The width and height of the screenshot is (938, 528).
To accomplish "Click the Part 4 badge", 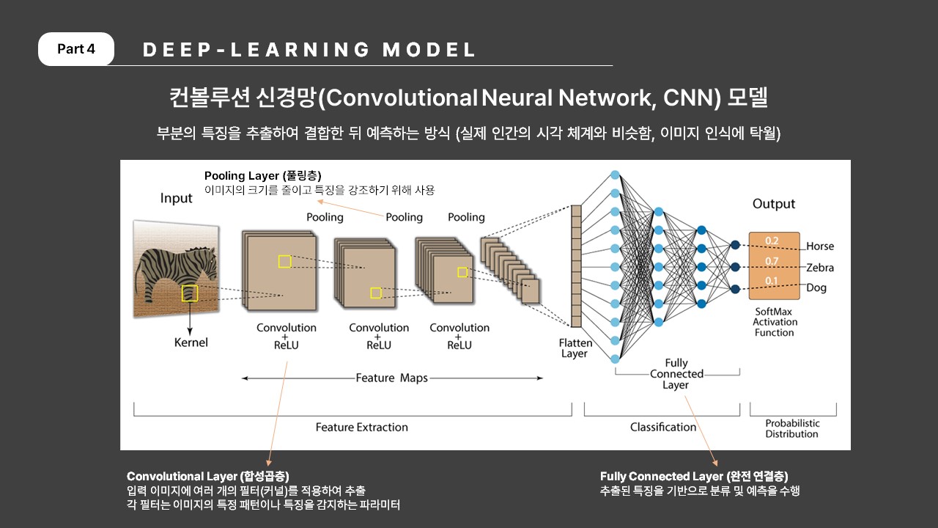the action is tap(75, 49).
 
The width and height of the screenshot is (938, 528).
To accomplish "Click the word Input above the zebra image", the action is tap(177, 198).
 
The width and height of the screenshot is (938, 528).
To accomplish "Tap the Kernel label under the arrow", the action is tap(191, 342).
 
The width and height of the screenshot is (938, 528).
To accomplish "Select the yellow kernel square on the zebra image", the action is tap(190, 293).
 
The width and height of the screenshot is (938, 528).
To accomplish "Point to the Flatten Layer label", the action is tap(575, 348).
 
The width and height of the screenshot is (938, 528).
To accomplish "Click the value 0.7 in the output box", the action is tap(772, 262).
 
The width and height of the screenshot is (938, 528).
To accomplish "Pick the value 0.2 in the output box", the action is tap(772, 241).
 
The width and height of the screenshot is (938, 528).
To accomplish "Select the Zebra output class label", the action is tap(820, 268).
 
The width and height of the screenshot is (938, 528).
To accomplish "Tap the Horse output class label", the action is tap(820, 246).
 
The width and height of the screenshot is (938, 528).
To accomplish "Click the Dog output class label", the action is tap(816, 288).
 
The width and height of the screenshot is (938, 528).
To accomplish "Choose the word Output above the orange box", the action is tap(773, 204).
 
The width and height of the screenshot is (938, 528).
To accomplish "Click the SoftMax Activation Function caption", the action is tap(775, 322).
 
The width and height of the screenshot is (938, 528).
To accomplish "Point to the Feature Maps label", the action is tap(391, 378).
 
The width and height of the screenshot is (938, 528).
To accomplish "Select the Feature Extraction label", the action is tap(362, 428).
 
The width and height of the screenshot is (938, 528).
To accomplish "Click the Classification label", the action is tap(663, 427).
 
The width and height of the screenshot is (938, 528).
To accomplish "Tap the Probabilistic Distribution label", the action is tap(792, 429).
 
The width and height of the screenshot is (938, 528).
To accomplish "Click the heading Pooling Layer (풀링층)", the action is tap(263, 176).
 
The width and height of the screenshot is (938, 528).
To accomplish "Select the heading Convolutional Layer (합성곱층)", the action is tap(208, 477).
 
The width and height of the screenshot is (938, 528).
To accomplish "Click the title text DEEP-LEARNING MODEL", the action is tap(309, 49).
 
